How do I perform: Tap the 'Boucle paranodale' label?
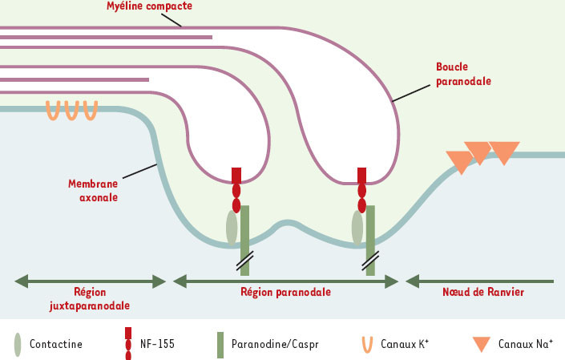(x=464, y=74)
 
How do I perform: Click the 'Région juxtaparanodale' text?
(x=89, y=299)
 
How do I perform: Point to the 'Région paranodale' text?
(x=285, y=293)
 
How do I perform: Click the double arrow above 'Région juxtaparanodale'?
(x=91, y=281)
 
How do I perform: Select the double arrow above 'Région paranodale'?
(x=286, y=281)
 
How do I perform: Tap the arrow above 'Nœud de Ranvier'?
(x=480, y=281)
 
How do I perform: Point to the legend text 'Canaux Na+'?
(x=522, y=344)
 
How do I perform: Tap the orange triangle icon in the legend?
(x=480, y=344)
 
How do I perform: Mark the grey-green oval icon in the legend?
(x=18, y=344)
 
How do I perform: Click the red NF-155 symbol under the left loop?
(x=236, y=190)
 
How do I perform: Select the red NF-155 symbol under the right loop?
(x=361, y=190)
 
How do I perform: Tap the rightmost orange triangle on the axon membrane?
(x=505, y=152)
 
